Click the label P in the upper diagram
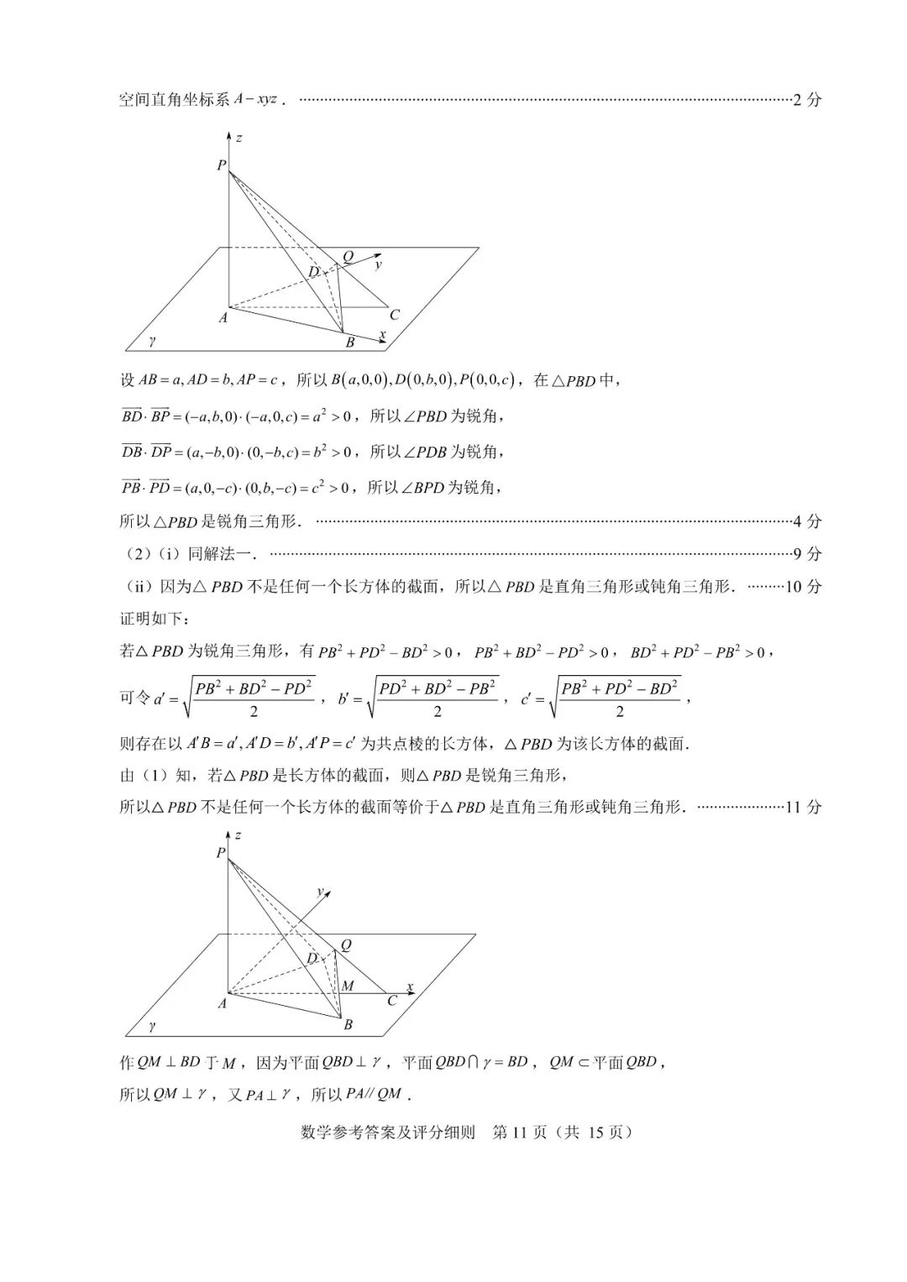pyautogui.click(x=221, y=165)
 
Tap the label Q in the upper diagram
pyautogui.click(x=348, y=256)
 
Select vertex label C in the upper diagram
pyautogui.click(x=394, y=316)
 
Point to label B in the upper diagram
pyautogui.click(x=350, y=343)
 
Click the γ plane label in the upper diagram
pyautogui.click(x=152, y=341)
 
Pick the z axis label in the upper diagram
pyautogui.click(x=239, y=137)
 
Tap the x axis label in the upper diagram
pyautogui.click(x=382, y=334)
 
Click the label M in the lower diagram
pyautogui.click(x=348, y=986)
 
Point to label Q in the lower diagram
pyautogui.click(x=345, y=944)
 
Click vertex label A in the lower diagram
pyautogui.click(x=222, y=1003)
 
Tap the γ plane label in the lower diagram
pyautogui.click(x=152, y=1025)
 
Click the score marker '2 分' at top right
pyautogui.click(x=807, y=100)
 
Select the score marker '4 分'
pyautogui.click(x=807, y=521)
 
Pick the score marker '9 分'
pyautogui.click(x=807, y=554)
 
